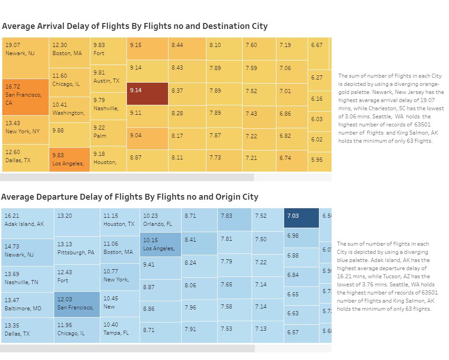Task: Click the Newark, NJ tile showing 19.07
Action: pos(25,58)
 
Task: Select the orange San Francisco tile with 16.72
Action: pos(25,97)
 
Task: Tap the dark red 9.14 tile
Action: pos(147,94)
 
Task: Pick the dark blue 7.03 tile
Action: pos(301,219)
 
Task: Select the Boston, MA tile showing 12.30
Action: pos(69,52)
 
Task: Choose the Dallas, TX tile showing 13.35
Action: pos(27,330)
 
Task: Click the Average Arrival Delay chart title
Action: pos(135,26)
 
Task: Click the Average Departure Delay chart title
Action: pos(130,197)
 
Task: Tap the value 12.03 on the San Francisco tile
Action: pos(65,299)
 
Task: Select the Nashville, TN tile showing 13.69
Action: pos(27,278)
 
